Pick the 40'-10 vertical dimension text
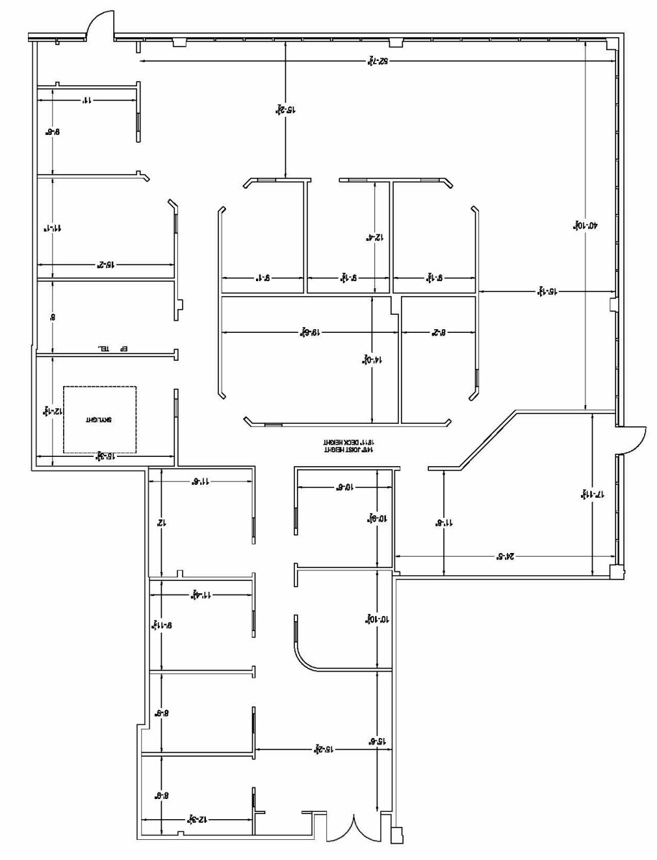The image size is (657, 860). click(577, 225)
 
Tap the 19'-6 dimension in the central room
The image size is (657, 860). click(309, 333)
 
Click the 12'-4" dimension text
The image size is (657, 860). click(375, 236)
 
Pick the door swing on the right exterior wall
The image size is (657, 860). click(631, 440)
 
